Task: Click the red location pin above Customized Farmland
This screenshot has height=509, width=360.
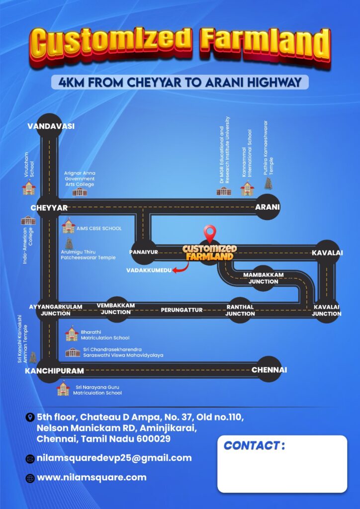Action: pos(210,234)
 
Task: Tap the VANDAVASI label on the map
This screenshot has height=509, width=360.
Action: pos(51,126)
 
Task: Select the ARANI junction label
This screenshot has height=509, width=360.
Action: pos(268,207)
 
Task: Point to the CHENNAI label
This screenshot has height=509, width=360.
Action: pos(270,370)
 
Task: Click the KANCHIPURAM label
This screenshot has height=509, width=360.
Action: pos(55,371)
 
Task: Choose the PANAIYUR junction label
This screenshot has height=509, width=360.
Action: pos(144,252)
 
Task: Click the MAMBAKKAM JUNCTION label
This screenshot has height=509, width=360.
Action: pos(263,278)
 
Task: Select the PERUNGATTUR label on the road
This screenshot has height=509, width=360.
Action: pos(182,310)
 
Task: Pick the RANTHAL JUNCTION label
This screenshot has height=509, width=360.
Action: pos(240,310)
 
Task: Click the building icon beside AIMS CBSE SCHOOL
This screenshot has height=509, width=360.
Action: pos(69,226)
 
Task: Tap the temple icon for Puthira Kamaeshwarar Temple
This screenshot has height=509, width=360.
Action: pos(268,183)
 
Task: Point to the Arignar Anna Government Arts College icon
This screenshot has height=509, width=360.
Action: pos(80,192)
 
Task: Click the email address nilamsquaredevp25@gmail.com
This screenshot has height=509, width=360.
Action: pos(114,458)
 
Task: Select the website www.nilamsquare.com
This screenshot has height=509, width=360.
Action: pos(91,478)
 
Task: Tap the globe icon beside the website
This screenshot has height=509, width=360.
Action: pos(30,478)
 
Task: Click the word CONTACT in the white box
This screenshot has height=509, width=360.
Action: pos(252,446)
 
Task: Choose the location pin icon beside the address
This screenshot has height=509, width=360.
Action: pos(30,417)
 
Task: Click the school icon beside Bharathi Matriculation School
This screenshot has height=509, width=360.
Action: pos(72,334)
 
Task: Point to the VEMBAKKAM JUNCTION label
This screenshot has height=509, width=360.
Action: pos(116,309)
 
